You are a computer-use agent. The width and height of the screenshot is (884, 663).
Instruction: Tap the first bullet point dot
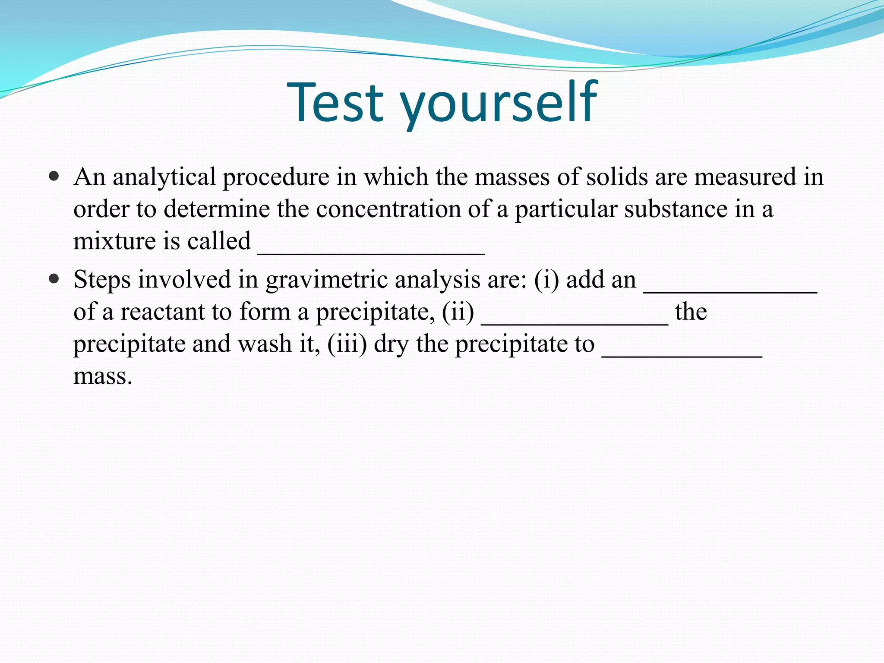point(54,177)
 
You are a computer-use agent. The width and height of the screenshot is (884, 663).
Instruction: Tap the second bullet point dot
point(54,279)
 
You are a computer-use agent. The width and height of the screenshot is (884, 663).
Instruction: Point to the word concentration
point(388,209)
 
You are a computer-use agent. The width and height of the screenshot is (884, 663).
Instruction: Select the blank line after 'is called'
point(371,253)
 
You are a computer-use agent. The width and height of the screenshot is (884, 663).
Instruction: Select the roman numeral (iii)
point(347,344)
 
